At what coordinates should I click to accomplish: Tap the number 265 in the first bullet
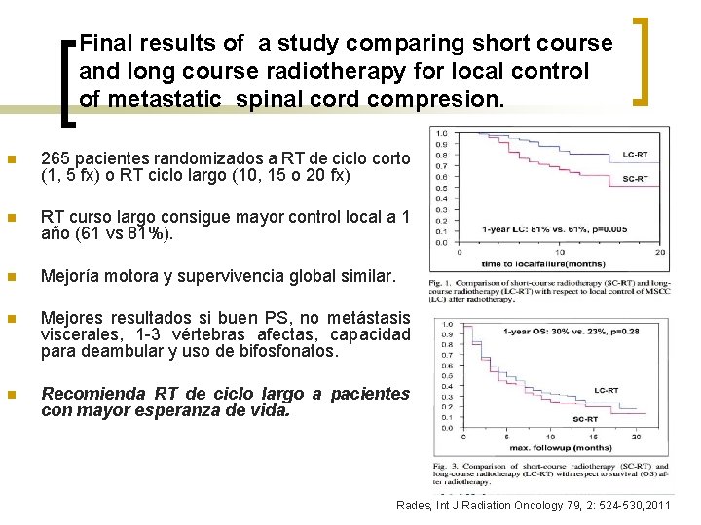click(55, 159)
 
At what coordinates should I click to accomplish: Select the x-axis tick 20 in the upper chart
click(660, 252)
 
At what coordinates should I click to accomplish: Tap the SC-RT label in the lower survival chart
click(585, 419)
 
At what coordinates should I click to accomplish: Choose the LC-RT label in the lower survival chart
click(606, 390)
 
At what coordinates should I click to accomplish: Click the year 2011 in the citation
click(657, 507)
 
